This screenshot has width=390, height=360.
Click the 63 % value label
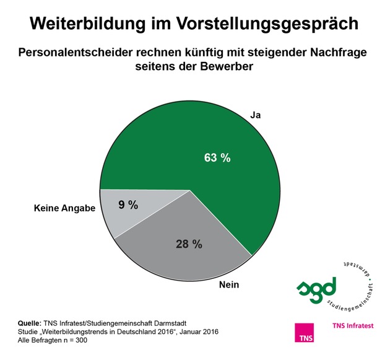[217, 157]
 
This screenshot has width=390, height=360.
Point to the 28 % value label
[189, 244]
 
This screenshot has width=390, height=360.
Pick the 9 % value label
[129, 204]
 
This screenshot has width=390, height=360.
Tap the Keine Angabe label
[64, 209]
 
